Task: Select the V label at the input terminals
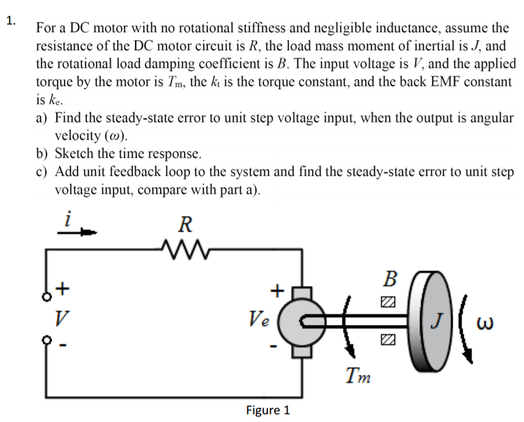(58, 317)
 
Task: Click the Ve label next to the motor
(259, 319)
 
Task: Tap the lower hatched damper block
(388, 339)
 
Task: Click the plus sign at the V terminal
(63, 287)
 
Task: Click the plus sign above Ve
(278, 288)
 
